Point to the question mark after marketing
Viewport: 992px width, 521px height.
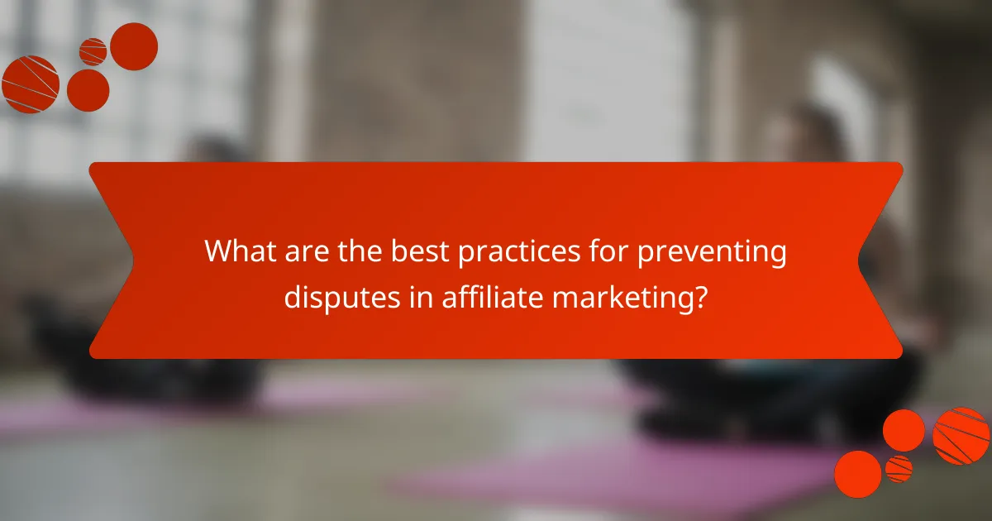click(701, 295)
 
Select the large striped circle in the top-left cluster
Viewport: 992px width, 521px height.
click(31, 84)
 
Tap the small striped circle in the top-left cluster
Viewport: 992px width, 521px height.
click(93, 51)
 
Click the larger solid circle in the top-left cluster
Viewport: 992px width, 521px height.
click(134, 46)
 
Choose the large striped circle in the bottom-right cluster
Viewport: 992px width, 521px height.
click(961, 435)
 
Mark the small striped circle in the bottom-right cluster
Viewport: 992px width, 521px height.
click(899, 469)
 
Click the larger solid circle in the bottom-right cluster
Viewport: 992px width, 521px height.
click(857, 474)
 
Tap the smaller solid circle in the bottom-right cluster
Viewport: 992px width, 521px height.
click(904, 430)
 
